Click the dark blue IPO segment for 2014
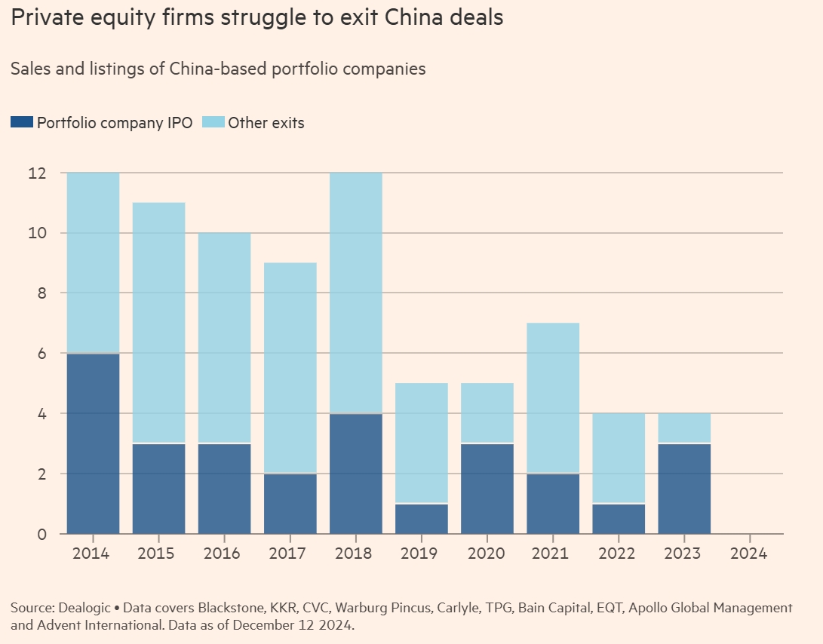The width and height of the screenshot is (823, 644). pos(94,443)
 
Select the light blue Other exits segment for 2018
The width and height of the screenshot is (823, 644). pos(356,293)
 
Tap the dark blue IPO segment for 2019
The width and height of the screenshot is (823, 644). pos(422,519)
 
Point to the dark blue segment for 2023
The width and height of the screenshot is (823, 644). pos(684,489)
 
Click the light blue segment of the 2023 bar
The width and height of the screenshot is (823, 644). pos(684,428)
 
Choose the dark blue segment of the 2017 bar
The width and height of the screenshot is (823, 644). pos(290,504)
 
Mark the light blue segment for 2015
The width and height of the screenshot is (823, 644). pos(159,323)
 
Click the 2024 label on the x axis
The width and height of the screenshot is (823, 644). pos(750,554)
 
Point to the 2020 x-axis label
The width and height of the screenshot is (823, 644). pos(487,554)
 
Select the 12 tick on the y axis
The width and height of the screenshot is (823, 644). pos(36,173)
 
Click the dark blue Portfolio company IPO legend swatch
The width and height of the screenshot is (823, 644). pos(22,122)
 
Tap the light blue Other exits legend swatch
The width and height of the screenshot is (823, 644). pos(213,122)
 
